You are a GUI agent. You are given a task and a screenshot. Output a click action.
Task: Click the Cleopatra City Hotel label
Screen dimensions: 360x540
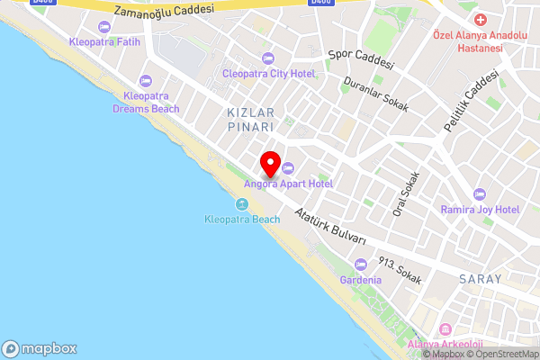coord(269,73)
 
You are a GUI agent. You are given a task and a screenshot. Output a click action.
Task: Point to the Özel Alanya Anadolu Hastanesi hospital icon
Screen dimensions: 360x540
coord(480,20)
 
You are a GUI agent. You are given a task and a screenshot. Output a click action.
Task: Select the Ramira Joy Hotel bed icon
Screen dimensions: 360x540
coord(480,194)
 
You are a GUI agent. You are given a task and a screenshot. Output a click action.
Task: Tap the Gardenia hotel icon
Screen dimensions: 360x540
coord(360,265)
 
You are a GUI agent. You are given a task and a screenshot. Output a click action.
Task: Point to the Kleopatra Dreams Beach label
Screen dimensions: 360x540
coord(146,102)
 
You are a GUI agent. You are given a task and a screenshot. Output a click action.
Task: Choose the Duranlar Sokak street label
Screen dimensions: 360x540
coord(376,94)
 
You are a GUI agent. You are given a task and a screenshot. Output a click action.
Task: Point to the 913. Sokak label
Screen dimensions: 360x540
coord(400,271)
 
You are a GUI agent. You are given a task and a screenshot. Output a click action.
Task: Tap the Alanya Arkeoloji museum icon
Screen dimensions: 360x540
coord(445,329)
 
